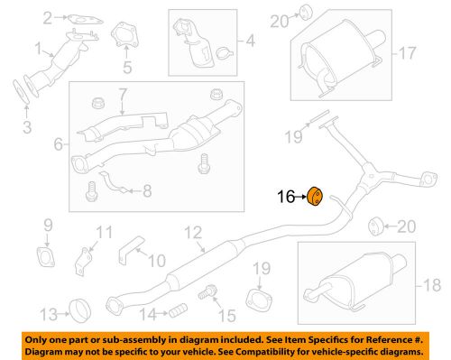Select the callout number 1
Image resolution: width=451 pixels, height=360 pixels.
coord(38,48)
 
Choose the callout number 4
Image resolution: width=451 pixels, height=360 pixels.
coord(251,41)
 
